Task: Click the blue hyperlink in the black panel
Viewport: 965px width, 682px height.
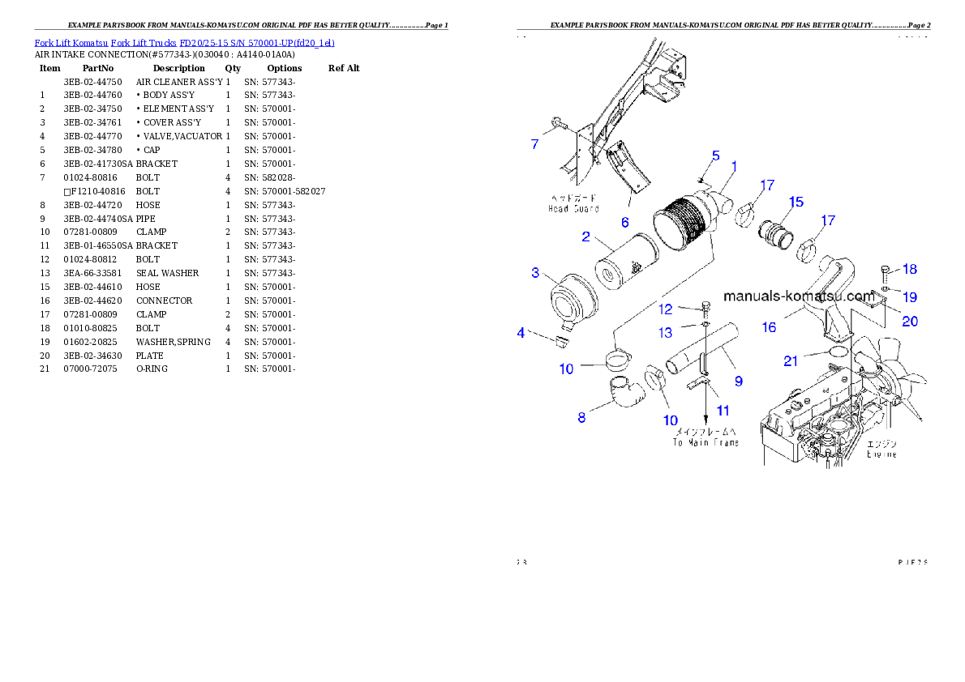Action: [x=184, y=42]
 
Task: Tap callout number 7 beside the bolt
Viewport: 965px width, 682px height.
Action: [x=534, y=144]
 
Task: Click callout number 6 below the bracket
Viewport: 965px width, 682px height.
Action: [x=624, y=222]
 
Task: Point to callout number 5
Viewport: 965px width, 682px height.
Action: [x=715, y=155]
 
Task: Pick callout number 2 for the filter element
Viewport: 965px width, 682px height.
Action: [x=585, y=237]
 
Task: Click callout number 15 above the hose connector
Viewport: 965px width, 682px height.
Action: [x=796, y=201]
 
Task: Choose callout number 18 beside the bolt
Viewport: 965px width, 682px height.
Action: [x=910, y=269]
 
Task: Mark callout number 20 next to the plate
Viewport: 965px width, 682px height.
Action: [x=910, y=322]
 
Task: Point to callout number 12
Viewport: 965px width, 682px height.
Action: [x=665, y=309]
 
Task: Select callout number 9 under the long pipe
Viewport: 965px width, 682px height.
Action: [x=738, y=380]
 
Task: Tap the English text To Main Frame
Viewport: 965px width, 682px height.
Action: [x=706, y=442]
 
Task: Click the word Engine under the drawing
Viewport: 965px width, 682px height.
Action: [x=881, y=454]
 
